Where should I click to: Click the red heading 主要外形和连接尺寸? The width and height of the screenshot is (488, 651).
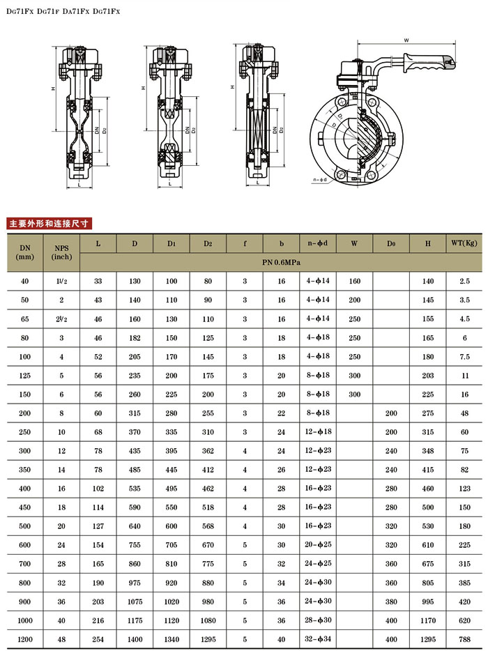(x=49, y=224)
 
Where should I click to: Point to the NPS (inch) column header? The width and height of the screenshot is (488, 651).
(x=61, y=252)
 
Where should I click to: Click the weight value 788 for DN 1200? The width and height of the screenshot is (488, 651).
(x=464, y=639)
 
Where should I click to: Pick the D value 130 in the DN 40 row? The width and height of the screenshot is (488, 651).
(x=135, y=281)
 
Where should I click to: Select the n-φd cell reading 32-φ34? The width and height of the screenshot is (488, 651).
(x=318, y=639)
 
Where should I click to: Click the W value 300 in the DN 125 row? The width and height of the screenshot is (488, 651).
(x=354, y=376)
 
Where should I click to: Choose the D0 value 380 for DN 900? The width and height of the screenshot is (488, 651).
(x=390, y=601)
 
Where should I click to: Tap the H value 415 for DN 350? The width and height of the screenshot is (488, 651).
(x=427, y=469)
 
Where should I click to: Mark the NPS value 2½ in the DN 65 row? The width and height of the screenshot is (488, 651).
(x=61, y=319)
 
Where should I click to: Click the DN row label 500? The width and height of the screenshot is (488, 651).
(x=25, y=526)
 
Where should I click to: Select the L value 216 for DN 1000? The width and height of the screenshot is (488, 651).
(x=98, y=620)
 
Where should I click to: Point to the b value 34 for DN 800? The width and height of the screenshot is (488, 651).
(x=281, y=582)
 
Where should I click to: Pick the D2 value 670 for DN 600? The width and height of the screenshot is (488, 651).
(x=208, y=544)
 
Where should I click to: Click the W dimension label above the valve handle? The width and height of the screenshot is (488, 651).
(x=406, y=40)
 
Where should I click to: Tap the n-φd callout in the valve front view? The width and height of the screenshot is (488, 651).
(x=320, y=180)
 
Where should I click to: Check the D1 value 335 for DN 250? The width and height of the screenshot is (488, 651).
(x=171, y=432)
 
